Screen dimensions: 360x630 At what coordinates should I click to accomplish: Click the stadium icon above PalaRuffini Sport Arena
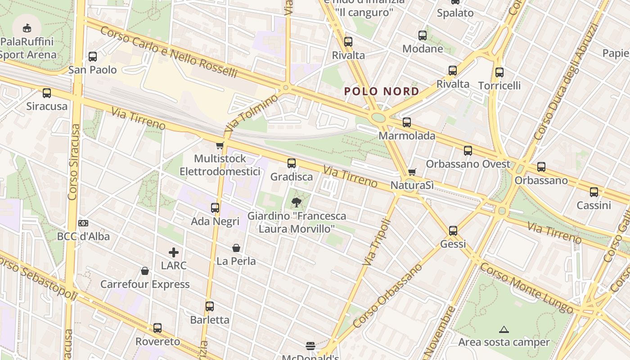[27, 28]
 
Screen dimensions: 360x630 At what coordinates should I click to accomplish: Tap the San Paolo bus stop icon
[93, 57]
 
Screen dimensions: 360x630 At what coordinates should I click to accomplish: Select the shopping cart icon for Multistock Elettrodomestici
[220, 145]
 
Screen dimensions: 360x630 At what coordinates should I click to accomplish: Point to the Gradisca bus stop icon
[292, 163]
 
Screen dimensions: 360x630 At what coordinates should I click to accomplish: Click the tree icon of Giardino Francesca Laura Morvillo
[296, 202]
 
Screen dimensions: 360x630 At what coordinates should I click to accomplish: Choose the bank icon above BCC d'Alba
[83, 223]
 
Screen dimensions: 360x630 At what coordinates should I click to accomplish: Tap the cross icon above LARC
[174, 252]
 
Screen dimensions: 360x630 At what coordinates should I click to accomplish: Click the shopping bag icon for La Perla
[236, 248]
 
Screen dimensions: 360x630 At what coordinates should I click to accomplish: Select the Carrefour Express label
[145, 284]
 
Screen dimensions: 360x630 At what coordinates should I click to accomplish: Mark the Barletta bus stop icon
[210, 306]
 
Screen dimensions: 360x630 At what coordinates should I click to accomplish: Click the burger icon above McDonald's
[310, 346]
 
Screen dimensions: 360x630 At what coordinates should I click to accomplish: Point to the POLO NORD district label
[382, 92]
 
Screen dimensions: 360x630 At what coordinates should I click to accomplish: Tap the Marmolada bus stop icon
[407, 122]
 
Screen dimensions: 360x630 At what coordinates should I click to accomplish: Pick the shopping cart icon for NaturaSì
[412, 172]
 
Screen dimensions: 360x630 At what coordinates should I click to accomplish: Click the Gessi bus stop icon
[453, 231]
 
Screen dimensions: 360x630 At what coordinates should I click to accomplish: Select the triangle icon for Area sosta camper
[504, 329]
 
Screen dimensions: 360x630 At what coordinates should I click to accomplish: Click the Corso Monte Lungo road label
[526, 288]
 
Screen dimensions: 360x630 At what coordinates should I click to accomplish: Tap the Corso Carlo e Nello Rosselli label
[168, 52]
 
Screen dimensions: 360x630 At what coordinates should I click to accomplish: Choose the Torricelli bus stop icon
[499, 72]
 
